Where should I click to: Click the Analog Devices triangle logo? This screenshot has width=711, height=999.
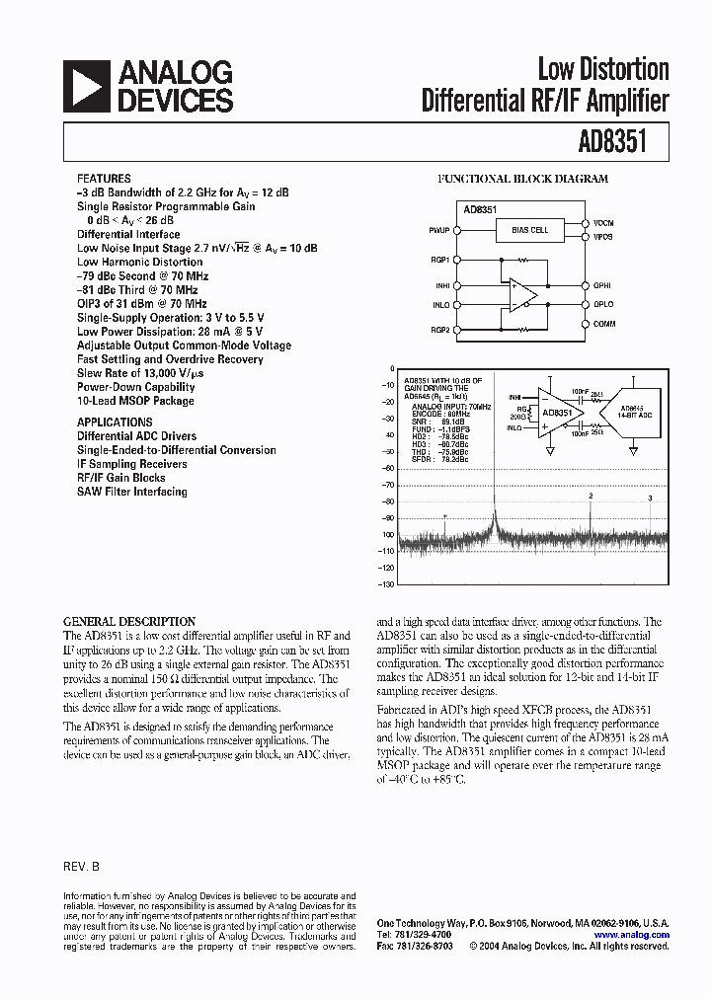coord(86,86)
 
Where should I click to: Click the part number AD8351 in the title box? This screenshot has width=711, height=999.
coord(611,142)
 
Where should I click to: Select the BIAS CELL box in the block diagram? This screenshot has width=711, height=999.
coord(530,230)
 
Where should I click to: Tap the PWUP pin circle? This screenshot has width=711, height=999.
coord(456,230)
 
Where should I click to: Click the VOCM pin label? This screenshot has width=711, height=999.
coord(603,223)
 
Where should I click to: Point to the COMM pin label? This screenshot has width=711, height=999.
coord(603,324)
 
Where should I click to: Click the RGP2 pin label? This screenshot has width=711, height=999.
coord(439,330)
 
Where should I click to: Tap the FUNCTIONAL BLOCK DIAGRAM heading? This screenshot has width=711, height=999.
coord(522,180)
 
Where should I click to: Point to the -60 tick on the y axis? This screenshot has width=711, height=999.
coord(386,468)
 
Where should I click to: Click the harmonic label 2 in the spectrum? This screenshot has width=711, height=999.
coord(591,496)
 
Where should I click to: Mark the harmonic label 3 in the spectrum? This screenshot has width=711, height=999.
coord(650,499)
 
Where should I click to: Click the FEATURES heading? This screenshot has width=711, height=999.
coord(104,179)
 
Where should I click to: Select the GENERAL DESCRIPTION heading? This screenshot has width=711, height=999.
coord(129,622)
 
